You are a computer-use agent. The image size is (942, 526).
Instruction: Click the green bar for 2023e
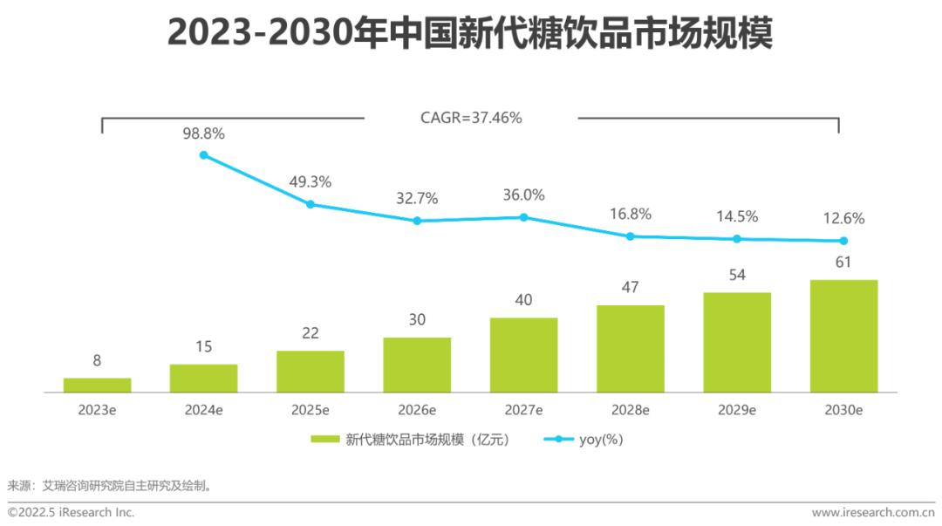97,385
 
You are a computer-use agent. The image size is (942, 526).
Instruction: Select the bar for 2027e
523,355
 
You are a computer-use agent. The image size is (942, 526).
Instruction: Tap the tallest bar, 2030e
843,336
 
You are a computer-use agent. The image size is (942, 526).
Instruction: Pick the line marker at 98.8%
204,155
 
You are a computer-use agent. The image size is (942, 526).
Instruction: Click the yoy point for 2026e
417,221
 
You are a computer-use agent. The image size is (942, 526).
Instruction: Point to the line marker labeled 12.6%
843,241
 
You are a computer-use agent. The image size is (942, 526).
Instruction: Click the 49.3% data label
310,182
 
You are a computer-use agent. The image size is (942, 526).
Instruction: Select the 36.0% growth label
523,195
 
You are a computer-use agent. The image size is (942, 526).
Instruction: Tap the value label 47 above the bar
630,286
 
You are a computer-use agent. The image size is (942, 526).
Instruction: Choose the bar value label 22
310,332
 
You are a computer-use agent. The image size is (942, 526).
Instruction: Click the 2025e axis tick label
310,410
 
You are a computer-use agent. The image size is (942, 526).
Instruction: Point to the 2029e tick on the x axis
737,410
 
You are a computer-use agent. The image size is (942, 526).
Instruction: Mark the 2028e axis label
630,410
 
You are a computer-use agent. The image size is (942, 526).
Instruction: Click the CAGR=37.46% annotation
471,118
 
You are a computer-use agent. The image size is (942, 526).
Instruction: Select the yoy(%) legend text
601,440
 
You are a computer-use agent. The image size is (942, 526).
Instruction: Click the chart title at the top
470,35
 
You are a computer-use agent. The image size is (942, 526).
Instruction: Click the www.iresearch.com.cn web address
872,512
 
